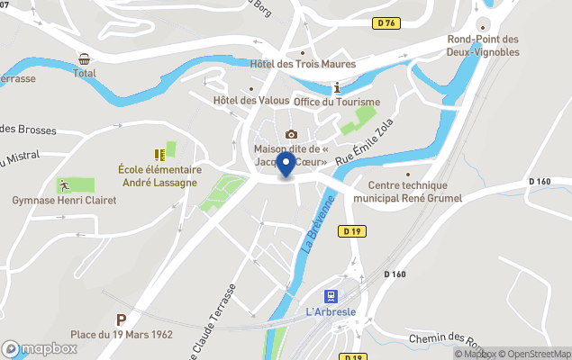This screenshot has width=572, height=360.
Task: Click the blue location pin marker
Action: pyautogui.click(x=286, y=165)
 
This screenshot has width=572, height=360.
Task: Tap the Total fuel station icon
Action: pyautogui.click(x=84, y=58)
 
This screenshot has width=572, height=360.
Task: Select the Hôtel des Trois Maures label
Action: pyautogui.click(x=303, y=64)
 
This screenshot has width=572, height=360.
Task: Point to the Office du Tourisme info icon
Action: pyautogui.click(x=337, y=88)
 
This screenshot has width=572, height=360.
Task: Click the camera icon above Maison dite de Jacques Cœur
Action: pyautogui.click(x=291, y=134)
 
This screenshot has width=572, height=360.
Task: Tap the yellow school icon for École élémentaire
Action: pyautogui.click(x=159, y=155)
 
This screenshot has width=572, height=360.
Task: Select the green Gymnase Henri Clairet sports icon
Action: pyautogui.click(x=64, y=185)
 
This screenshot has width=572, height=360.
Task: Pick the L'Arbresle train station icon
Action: pyautogui.click(x=331, y=295)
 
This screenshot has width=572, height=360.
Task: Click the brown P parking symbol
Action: pyautogui.click(x=122, y=319)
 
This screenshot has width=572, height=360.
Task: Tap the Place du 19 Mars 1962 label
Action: pyautogui.click(x=122, y=335)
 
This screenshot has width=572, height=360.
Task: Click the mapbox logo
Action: pyautogui.click(x=40, y=348)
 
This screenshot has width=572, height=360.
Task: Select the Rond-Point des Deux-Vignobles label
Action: pyautogui.click(x=484, y=45)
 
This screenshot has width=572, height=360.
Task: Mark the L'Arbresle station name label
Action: pyautogui.click(x=331, y=312)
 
